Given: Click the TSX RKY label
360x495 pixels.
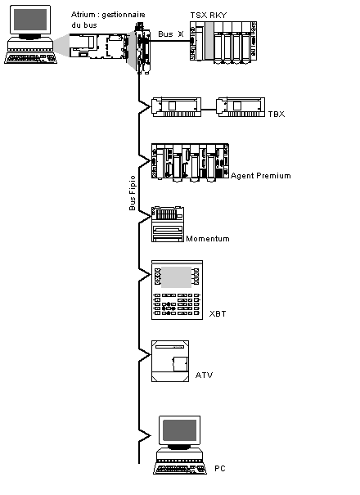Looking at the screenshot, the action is [x=209, y=16].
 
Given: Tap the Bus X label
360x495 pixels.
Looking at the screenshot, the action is [x=171, y=34].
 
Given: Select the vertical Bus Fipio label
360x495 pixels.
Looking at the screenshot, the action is [x=133, y=193].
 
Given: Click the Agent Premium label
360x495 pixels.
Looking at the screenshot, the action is [x=261, y=176].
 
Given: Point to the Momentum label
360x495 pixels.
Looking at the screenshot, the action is [x=208, y=239].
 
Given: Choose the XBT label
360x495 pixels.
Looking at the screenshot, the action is [x=218, y=314].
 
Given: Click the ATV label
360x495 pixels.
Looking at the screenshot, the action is [x=204, y=375].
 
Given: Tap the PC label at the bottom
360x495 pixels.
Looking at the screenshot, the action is [x=220, y=468].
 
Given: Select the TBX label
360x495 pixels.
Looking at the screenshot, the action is [x=277, y=114].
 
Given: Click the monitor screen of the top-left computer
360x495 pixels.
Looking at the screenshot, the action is [x=30, y=20].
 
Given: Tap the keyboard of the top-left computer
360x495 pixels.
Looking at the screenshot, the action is [x=30, y=58].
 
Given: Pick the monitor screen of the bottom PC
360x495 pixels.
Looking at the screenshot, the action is [x=179, y=430].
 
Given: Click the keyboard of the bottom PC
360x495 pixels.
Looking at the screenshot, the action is [x=180, y=469].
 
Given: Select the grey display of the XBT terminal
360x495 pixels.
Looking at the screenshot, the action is [x=176, y=277].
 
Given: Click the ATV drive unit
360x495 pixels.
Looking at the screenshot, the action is [x=170, y=361].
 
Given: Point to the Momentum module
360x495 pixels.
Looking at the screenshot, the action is [x=168, y=224].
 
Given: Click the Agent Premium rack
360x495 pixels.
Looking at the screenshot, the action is [x=190, y=162].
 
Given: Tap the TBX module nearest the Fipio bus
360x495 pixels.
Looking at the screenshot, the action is [x=177, y=107].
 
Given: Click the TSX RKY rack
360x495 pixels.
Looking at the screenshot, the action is [x=223, y=43].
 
